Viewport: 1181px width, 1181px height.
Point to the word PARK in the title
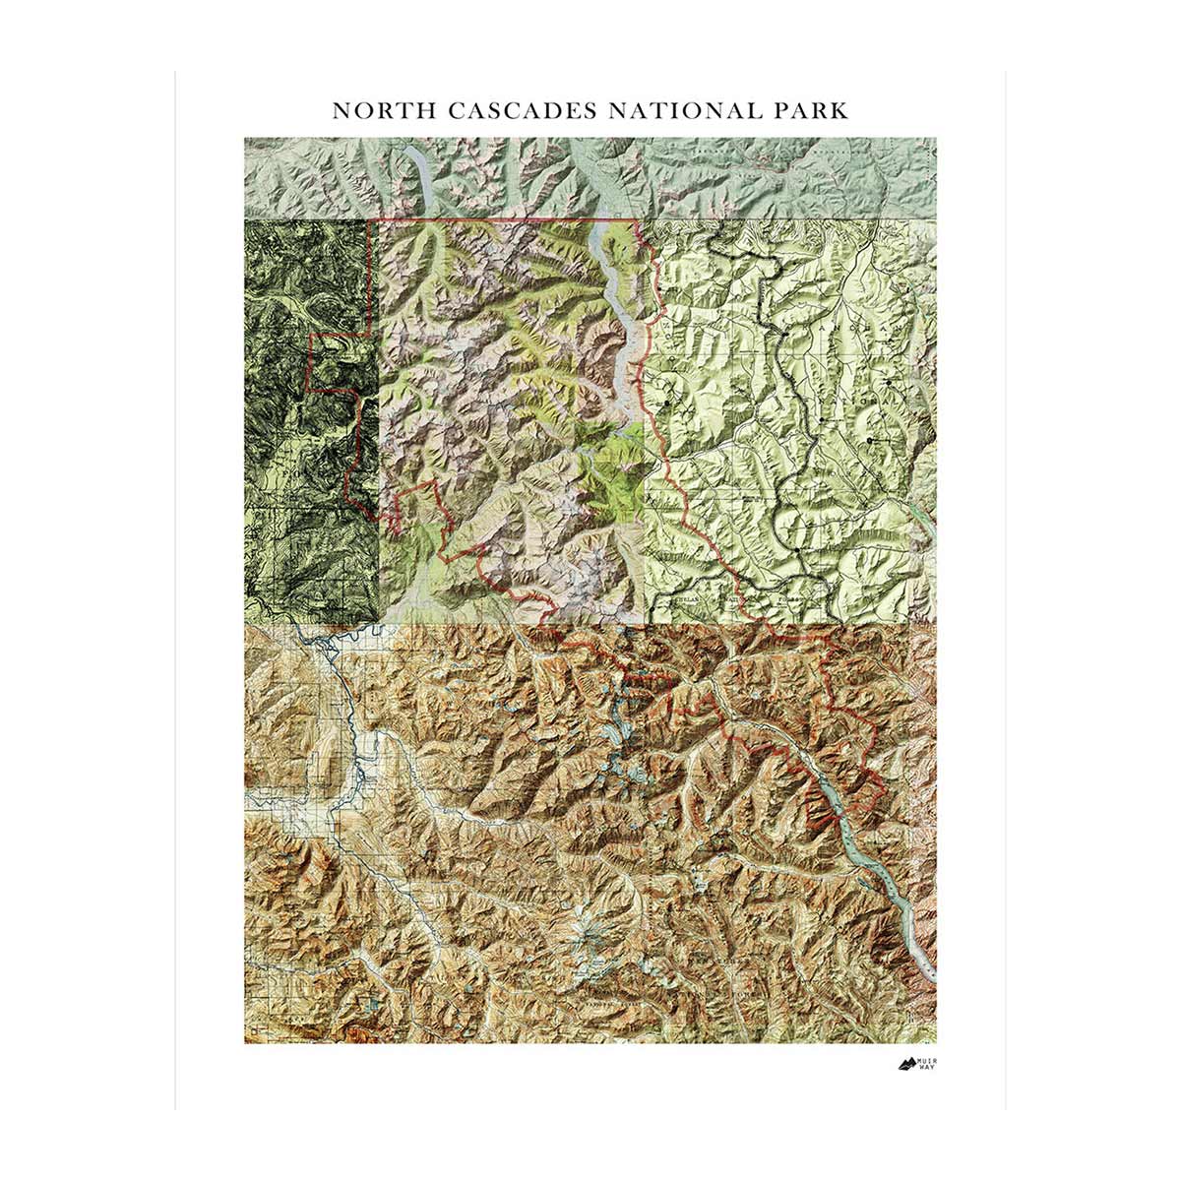tap(812, 109)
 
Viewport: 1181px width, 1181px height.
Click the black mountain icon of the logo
tap(905, 1063)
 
